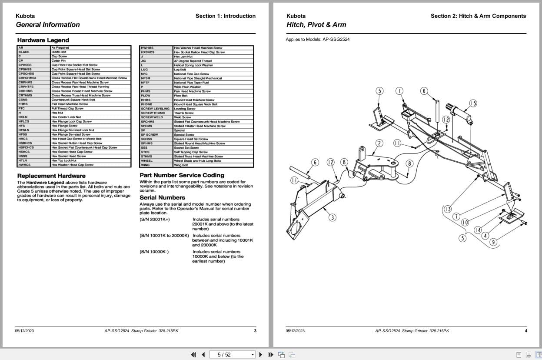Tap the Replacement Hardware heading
pyautogui.click(x=51, y=176)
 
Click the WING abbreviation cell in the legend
pyautogui.click(x=146, y=165)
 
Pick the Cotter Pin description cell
pyautogui.click(x=59, y=61)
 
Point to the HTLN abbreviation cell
pyautogui.click(x=23, y=160)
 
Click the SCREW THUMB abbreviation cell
pyautogui.click(x=153, y=113)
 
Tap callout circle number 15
pyautogui.click(x=472, y=103)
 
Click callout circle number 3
pyautogui.click(x=332, y=217)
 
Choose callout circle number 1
pyautogui.click(x=399, y=91)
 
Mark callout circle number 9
pyautogui.click(x=493, y=242)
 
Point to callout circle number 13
pyautogui.click(x=447, y=209)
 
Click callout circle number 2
pyautogui.click(x=379, y=143)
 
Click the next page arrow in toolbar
pyautogui.click(x=260, y=354)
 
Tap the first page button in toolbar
pyautogui.click(x=193, y=354)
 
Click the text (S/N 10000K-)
pyautogui.click(x=154, y=252)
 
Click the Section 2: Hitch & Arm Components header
pyautogui.click(x=478, y=16)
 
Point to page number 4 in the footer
pyautogui.click(x=525, y=331)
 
